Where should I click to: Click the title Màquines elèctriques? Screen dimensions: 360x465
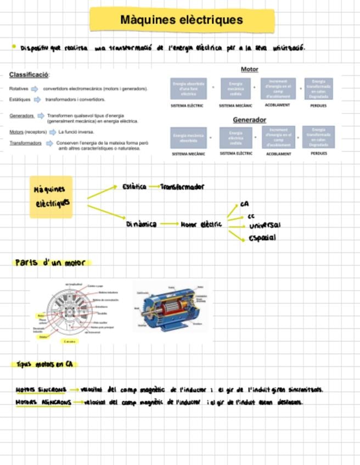pos(181,20)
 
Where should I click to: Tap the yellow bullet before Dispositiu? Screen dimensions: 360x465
pos(14,47)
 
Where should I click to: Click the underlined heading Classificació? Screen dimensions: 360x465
pos(29,75)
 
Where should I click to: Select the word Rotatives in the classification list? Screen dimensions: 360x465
pos(19,88)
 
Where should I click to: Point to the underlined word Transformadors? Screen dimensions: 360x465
pos(25,143)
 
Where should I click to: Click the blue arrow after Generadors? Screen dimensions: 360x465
pos(41,116)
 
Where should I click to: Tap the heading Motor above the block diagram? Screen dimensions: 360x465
pos(249,70)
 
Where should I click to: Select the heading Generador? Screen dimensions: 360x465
pos(249,120)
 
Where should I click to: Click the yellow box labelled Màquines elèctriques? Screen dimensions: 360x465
pos(51,196)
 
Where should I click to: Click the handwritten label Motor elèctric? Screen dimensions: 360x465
pos(201,224)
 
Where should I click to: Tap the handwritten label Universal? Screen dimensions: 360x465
pos(265,226)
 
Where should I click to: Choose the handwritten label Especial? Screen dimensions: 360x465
pos(262,238)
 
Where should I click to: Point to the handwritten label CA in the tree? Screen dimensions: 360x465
pos(244,204)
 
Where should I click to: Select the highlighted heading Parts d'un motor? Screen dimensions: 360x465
pos(50,263)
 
